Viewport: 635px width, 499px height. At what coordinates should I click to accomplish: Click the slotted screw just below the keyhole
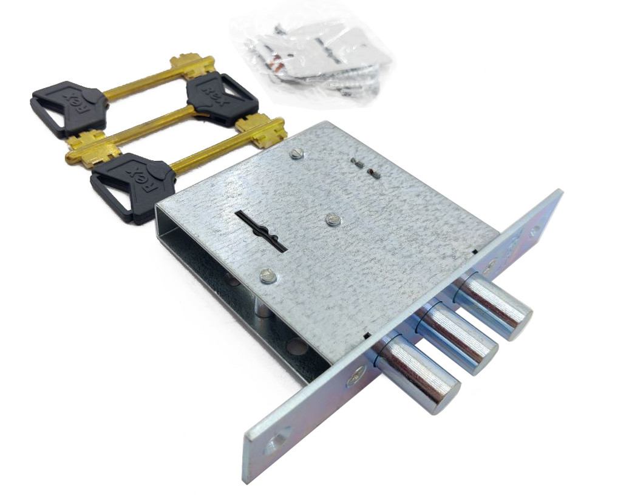[x=268, y=276]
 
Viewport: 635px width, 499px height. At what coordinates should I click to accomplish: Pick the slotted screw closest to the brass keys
[x=296, y=154]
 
